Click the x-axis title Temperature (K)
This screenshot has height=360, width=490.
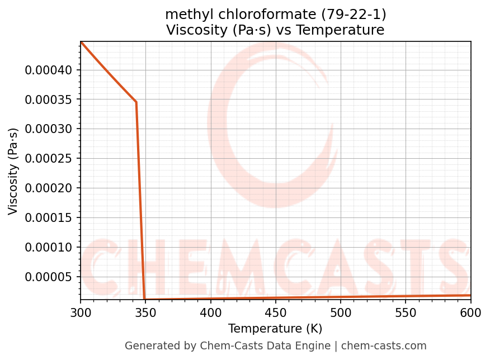275,329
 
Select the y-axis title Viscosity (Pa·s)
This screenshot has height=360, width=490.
13,171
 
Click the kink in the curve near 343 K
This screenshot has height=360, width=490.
136,102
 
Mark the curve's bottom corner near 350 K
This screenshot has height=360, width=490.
145,300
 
